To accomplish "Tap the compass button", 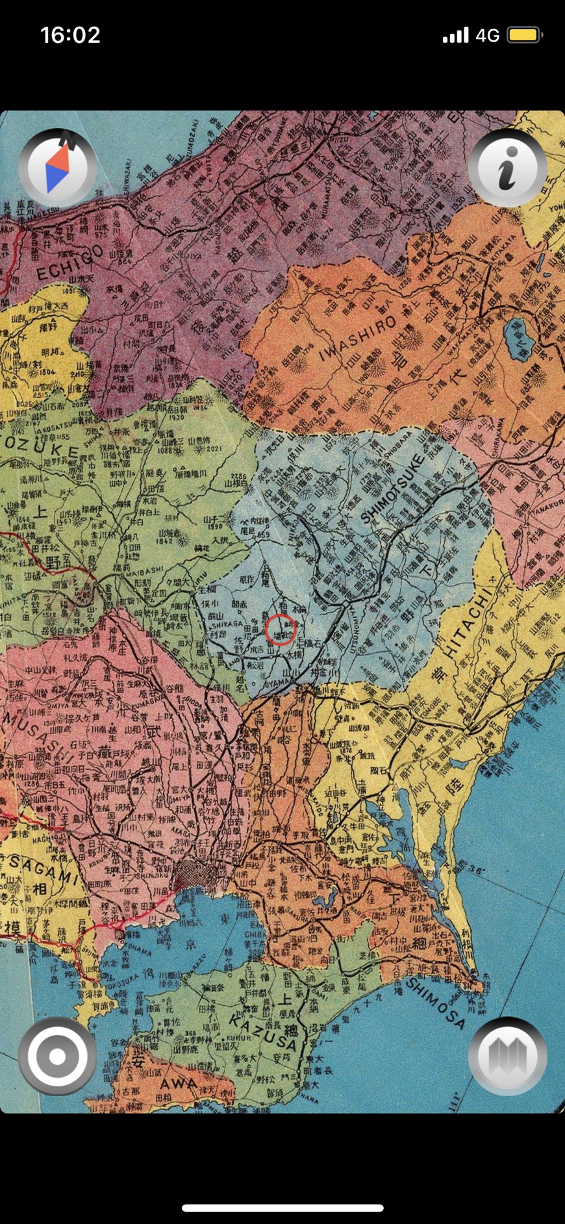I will (57, 168).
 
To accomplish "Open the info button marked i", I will (507, 168).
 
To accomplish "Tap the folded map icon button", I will (507, 1056).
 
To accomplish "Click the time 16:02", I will (70, 34).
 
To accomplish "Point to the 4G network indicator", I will (487, 35).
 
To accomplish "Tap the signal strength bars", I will (455, 35).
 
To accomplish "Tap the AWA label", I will (178, 1084).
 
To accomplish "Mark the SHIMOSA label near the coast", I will (436, 1002).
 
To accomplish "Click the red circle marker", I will (281, 629).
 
